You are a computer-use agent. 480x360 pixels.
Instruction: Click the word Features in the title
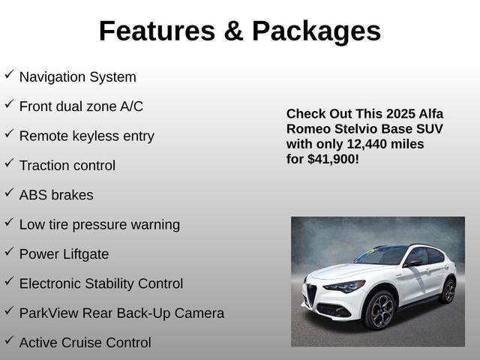tap(157, 31)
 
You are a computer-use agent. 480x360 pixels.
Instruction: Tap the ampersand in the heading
tap(233, 31)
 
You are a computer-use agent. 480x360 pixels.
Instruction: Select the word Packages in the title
tap(316, 31)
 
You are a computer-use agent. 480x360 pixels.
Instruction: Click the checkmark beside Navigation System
tap(9, 74)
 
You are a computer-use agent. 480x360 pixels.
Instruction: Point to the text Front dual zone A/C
tap(81, 106)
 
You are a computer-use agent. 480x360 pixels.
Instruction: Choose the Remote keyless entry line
tap(87, 136)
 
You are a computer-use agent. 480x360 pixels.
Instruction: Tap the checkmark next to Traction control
tap(9, 163)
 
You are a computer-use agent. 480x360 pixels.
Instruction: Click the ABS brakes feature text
tap(56, 195)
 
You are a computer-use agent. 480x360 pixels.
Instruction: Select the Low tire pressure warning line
tap(100, 225)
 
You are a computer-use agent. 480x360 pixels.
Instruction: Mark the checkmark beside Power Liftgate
tap(9, 251)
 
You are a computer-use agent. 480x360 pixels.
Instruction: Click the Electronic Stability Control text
tap(101, 283)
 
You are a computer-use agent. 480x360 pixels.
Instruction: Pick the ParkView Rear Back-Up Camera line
tap(121, 313)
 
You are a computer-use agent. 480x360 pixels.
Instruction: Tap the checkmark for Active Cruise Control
tap(9, 340)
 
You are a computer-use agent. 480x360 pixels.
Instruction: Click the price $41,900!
tap(333, 160)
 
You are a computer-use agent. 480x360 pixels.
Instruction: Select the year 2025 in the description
tap(400, 114)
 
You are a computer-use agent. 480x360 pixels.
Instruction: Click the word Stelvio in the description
tap(355, 129)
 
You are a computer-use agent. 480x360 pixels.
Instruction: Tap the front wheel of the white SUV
tap(380, 310)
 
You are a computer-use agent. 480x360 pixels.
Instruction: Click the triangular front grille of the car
tap(311, 294)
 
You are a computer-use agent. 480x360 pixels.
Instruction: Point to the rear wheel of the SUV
tap(448, 291)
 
